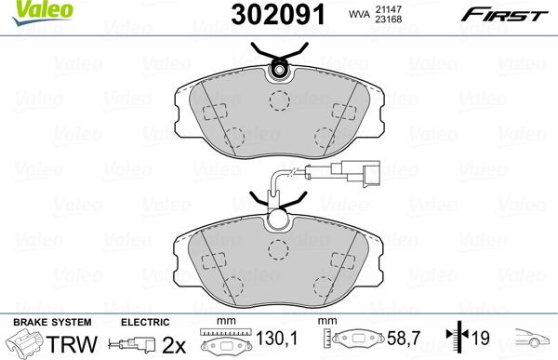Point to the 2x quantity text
click(x=173, y=344)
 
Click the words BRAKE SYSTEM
click(x=39, y=322)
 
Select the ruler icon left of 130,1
click(x=221, y=341)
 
